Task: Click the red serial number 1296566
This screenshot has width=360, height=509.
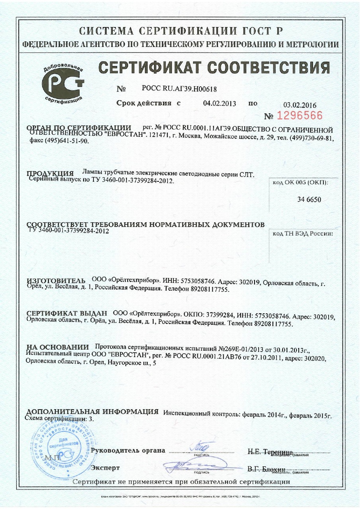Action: tap(299, 116)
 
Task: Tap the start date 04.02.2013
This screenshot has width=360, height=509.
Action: tap(220, 103)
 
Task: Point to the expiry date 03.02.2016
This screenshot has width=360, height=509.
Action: tap(300, 105)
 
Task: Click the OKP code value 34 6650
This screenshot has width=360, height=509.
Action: tap(309, 199)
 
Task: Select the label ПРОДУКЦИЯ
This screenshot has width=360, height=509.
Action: tap(50, 173)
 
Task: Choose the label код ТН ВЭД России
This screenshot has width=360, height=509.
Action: tap(302, 233)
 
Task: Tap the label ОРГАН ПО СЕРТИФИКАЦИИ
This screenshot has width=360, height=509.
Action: tap(78, 128)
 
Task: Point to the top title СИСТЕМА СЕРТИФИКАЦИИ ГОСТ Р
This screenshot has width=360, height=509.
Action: tap(180, 31)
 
